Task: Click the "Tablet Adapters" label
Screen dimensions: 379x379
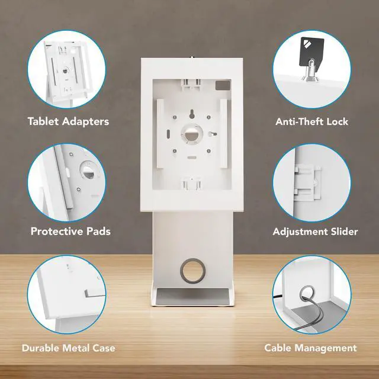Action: coord(68,121)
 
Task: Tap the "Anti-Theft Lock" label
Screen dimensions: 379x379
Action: coord(311,121)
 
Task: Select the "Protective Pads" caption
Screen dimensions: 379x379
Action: coord(70,231)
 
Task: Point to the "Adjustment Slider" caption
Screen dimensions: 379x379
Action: coord(315,231)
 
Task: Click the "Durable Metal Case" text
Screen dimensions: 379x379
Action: coord(69,348)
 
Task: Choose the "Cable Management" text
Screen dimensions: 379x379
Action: coord(310,348)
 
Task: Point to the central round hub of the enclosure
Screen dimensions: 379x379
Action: coord(189,134)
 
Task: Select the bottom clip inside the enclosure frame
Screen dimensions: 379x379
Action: coord(189,183)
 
